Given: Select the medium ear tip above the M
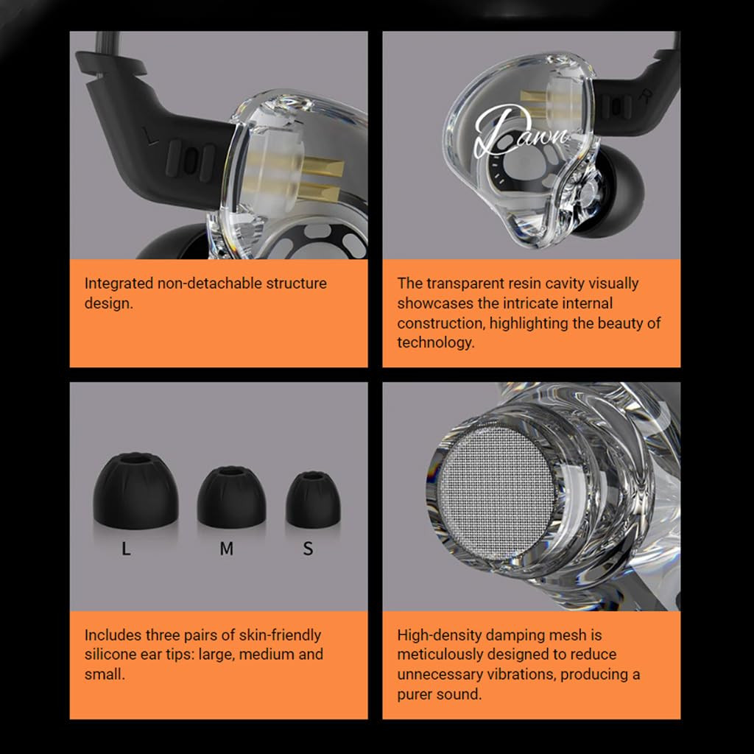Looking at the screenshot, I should point(231,496).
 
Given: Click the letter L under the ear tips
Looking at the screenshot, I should point(126,549).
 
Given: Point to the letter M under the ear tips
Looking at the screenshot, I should point(226,549).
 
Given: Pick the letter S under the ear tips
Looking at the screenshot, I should point(308,549).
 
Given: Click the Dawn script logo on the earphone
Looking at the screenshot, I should point(520,133).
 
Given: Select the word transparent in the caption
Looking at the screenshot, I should point(466,283).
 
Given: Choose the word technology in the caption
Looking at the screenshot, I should point(434,342).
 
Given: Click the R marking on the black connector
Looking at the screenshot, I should point(647,96).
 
